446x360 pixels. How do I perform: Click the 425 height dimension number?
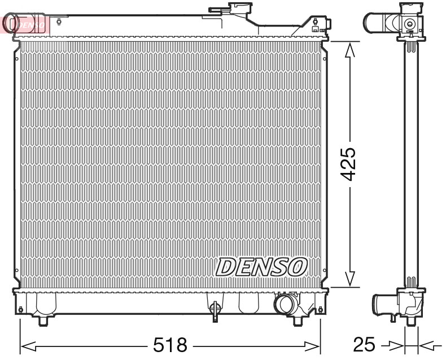[x=350, y=164]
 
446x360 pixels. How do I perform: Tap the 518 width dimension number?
[x=170, y=345]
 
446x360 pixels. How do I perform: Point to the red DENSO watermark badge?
[x=25, y=24]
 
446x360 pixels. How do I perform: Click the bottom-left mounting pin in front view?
[x=44, y=320]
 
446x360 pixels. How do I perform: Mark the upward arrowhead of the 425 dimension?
[x=350, y=51]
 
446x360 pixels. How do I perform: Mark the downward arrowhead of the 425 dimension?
[x=350, y=278]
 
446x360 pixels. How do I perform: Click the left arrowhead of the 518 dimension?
[x=27, y=345]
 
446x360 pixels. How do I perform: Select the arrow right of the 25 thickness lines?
[x=427, y=345]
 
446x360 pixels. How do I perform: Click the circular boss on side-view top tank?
[x=409, y=24]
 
